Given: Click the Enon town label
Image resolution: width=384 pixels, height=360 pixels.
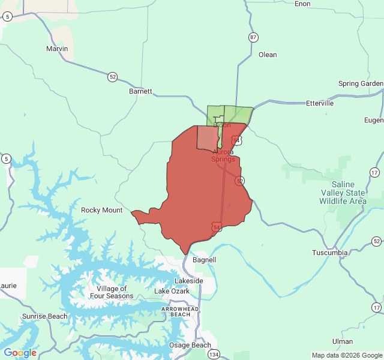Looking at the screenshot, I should (x=302, y=4).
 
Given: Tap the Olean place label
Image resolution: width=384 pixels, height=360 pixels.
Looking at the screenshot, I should (x=268, y=55).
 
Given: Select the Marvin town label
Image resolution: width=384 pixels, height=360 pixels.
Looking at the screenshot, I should (x=57, y=49).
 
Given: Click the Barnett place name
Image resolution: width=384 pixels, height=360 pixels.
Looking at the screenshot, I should (x=140, y=92).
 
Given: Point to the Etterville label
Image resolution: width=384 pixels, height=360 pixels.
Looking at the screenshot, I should (x=319, y=103).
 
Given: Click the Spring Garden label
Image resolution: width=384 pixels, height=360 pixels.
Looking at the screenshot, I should (x=361, y=84).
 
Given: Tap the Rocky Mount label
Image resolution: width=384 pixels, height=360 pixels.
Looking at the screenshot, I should (x=101, y=210).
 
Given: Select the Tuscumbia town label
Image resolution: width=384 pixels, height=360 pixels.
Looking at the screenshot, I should (x=329, y=253).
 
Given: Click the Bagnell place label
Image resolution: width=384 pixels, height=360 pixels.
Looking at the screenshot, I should (x=204, y=260).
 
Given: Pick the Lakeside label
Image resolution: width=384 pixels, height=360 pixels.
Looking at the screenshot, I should (x=189, y=281).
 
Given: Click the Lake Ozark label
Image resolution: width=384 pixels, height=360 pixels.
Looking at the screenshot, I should (x=172, y=291).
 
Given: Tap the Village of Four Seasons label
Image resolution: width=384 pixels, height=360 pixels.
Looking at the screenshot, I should (x=111, y=292).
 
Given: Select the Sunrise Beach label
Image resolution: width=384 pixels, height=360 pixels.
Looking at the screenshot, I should (x=45, y=316).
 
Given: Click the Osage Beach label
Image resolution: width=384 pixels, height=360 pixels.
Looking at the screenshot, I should (x=190, y=345).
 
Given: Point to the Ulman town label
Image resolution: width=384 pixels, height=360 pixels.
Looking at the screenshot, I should (x=343, y=341).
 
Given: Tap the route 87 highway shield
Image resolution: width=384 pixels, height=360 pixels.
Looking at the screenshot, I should (x=254, y=37).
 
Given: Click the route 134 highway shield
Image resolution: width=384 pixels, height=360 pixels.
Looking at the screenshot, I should (x=214, y=355).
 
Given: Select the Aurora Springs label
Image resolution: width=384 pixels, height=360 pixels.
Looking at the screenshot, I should (x=223, y=155).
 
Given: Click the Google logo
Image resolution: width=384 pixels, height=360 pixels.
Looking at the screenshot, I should (x=20, y=353).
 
